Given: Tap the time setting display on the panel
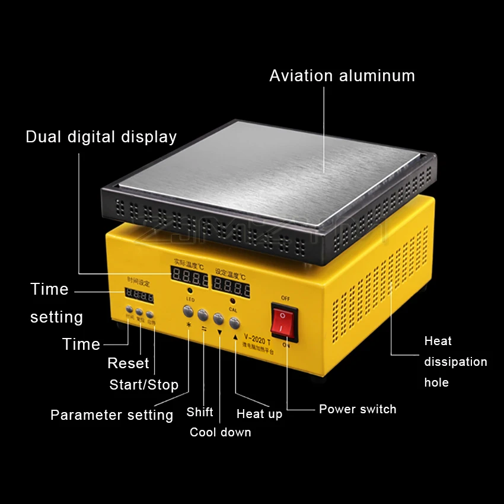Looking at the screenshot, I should [x=139, y=296].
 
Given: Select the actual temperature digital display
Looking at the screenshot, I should [x=190, y=276].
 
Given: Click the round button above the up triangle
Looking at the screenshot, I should [x=235, y=323].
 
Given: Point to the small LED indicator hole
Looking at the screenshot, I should [x=190, y=291].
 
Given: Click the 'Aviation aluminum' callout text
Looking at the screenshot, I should [x=342, y=76].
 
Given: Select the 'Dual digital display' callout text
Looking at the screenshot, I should [x=101, y=137].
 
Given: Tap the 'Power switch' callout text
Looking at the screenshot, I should [x=358, y=409].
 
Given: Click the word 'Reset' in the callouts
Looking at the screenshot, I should [x=128, y=363].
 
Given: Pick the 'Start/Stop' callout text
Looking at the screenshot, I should [x=143, y=385].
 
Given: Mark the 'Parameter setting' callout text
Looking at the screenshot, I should [x=111, y=415].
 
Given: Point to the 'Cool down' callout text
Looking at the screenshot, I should [x=220, y=432].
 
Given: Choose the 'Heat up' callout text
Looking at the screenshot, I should [x=259, y=414].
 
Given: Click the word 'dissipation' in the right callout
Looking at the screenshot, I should [x=455, y=362].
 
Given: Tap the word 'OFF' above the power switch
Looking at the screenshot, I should [x=285, y=298].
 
